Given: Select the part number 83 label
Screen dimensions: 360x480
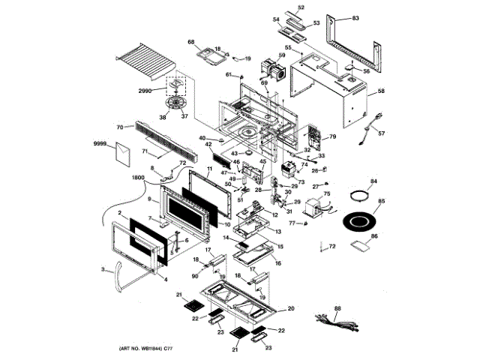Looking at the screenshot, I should pyautogui.click(x=355, y=17).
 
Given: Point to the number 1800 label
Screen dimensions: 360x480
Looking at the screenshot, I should pyautogui.click(x=137, y=177).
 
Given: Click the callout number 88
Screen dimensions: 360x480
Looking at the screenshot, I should pyautogui.click(x=337, y=308).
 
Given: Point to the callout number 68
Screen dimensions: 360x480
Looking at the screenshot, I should pyautogui.click(x=190, y=42).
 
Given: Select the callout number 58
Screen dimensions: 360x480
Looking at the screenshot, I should pyautogui.click(x=381, y=91).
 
